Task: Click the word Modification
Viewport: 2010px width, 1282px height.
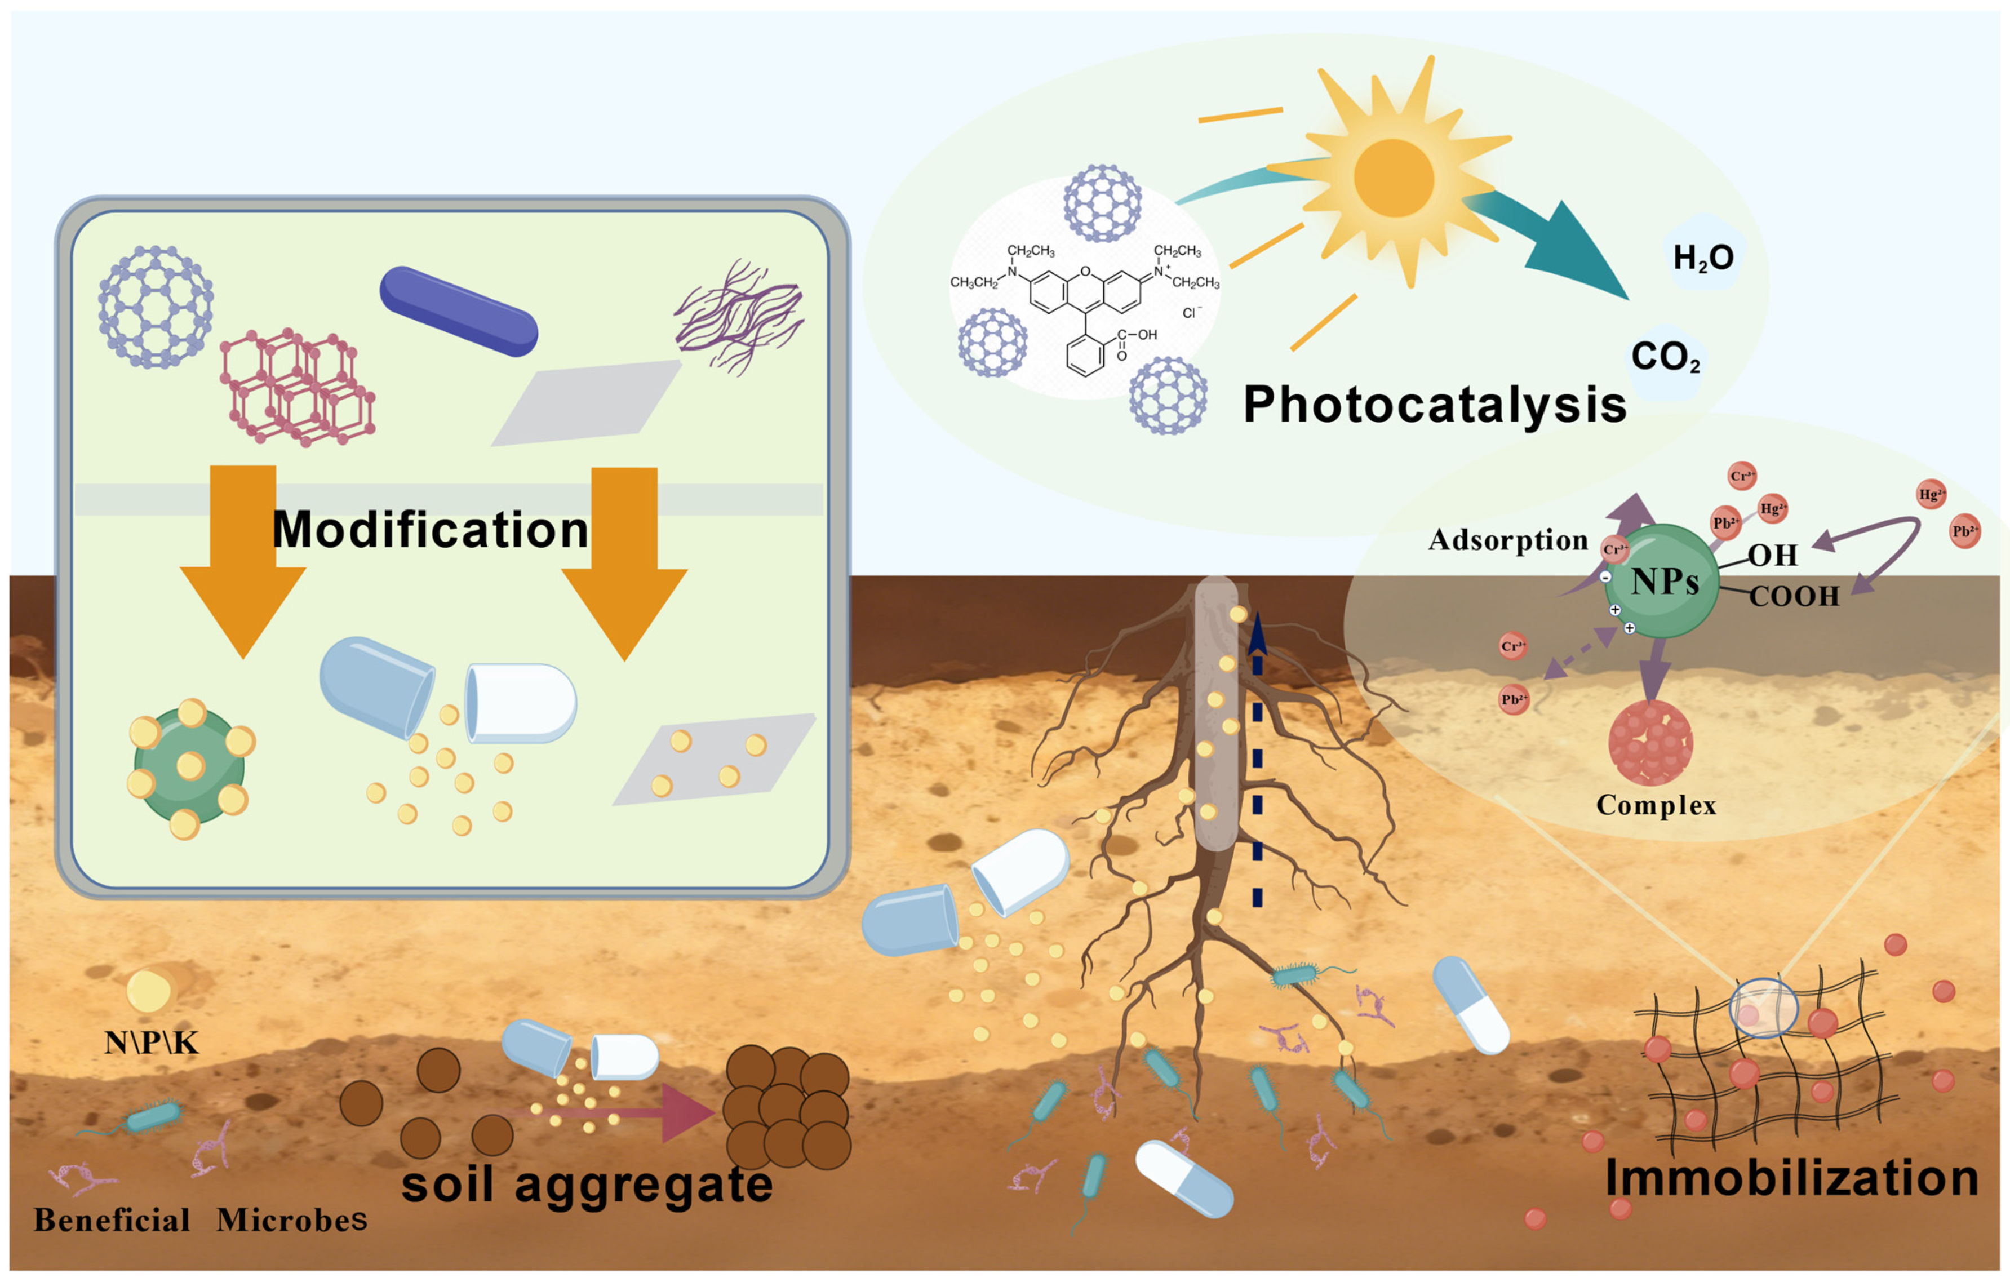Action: click(x=430, y=530)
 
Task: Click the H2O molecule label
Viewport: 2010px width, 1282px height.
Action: click(x=1703, y=257)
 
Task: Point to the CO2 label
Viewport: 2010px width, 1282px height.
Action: click(x=1665, y=357)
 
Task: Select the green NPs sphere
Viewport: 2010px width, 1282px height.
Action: click(x=1661, y=581)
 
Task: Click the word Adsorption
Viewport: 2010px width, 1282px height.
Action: click(x=1507, y=540)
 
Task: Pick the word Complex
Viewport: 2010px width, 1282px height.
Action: click(x=1656, y=805)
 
